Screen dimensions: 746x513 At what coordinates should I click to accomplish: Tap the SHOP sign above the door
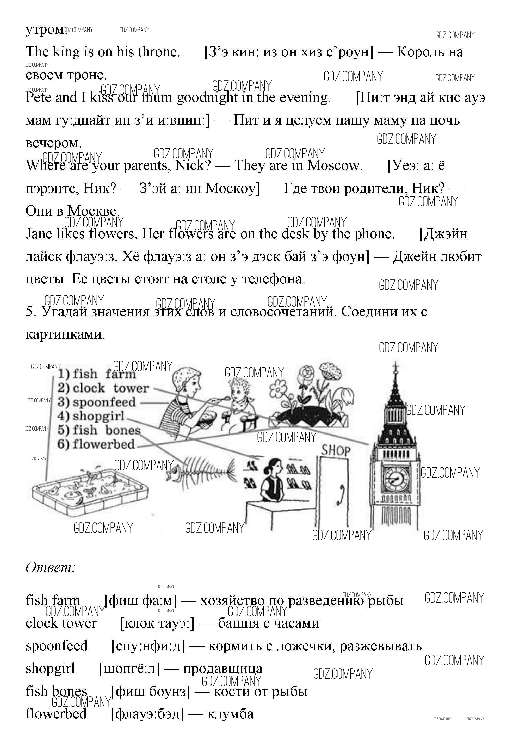coord(336,450)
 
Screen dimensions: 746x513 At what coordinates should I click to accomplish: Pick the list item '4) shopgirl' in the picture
coord(91,416)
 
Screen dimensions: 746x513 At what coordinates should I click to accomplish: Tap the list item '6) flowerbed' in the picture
coord(96,444)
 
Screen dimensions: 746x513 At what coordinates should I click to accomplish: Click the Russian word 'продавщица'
coord(223,669)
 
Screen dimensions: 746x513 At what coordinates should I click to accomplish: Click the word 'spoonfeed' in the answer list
coord(57,646)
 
